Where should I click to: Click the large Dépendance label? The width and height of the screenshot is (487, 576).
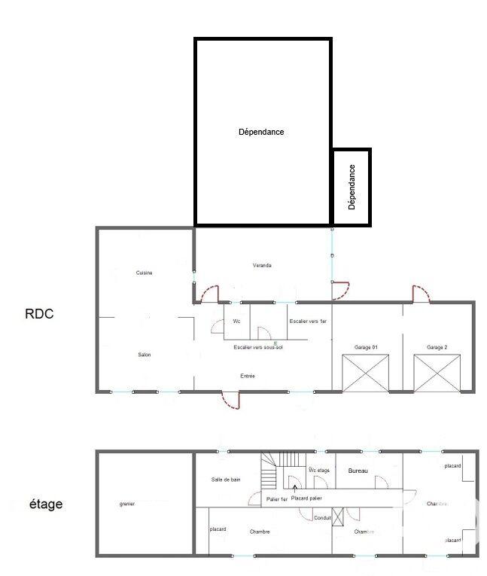261,132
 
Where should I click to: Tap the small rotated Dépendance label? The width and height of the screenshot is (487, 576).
352,187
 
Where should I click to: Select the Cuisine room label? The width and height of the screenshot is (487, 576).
145,273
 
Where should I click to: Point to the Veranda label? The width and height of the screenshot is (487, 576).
262,265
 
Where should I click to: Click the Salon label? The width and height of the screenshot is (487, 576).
145,355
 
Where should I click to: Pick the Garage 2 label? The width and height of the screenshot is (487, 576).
437,347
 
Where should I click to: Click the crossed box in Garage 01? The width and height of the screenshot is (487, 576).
367,373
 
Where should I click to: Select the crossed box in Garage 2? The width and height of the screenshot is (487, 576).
437,373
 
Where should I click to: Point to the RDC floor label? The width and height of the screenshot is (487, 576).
39,314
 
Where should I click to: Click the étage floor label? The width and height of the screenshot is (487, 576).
46,504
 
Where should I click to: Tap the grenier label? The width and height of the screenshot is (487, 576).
126,504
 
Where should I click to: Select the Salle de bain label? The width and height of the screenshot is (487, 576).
226,480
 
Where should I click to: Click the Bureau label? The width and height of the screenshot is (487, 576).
358,471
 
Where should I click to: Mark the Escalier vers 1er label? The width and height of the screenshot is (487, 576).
308,322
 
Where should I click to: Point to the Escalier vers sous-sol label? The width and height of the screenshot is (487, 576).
258,347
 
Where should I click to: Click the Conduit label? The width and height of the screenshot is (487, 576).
323,517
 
